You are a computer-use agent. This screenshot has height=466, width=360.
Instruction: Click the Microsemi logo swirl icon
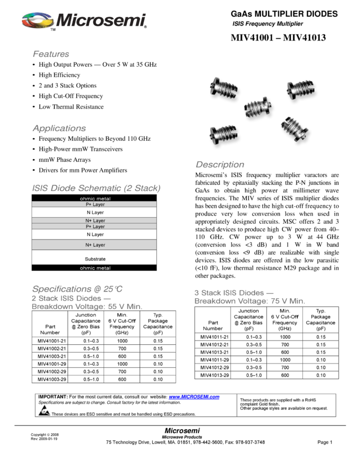tap(37, 20)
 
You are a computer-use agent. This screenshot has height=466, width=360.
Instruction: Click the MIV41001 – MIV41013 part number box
tap(279, 38)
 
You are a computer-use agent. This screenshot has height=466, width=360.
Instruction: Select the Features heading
tap(51, 54)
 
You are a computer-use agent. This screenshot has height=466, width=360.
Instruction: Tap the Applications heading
tap(59, 128)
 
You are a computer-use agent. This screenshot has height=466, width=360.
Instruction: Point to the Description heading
tap(220, 164)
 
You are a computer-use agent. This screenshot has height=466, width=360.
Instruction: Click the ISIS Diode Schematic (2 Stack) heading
tap(96, 188)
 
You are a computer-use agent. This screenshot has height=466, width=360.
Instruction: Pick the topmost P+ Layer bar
tap(94, 204)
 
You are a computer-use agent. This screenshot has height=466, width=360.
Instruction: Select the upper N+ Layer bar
tap(94, 220)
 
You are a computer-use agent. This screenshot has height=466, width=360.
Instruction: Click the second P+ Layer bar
tap(94, 226)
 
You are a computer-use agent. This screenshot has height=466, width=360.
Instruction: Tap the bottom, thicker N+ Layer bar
tap(94, 245)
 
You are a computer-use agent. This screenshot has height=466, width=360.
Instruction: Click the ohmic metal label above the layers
tap(95, 198)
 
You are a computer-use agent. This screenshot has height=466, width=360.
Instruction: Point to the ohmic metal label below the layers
tap(95, 268)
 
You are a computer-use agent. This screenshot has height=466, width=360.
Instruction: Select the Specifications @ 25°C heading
tap(77, 289)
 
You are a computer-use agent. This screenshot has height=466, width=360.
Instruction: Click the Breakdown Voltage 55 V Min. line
tap(87, 307)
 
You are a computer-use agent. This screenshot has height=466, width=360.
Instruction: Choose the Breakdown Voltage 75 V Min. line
tap(250, 301)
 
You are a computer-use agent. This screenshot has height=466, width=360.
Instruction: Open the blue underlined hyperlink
tap(194, 397)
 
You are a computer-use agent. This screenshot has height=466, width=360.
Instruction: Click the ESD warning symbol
tap(44, 410)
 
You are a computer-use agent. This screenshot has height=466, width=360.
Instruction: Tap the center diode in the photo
tap(256, 107)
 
